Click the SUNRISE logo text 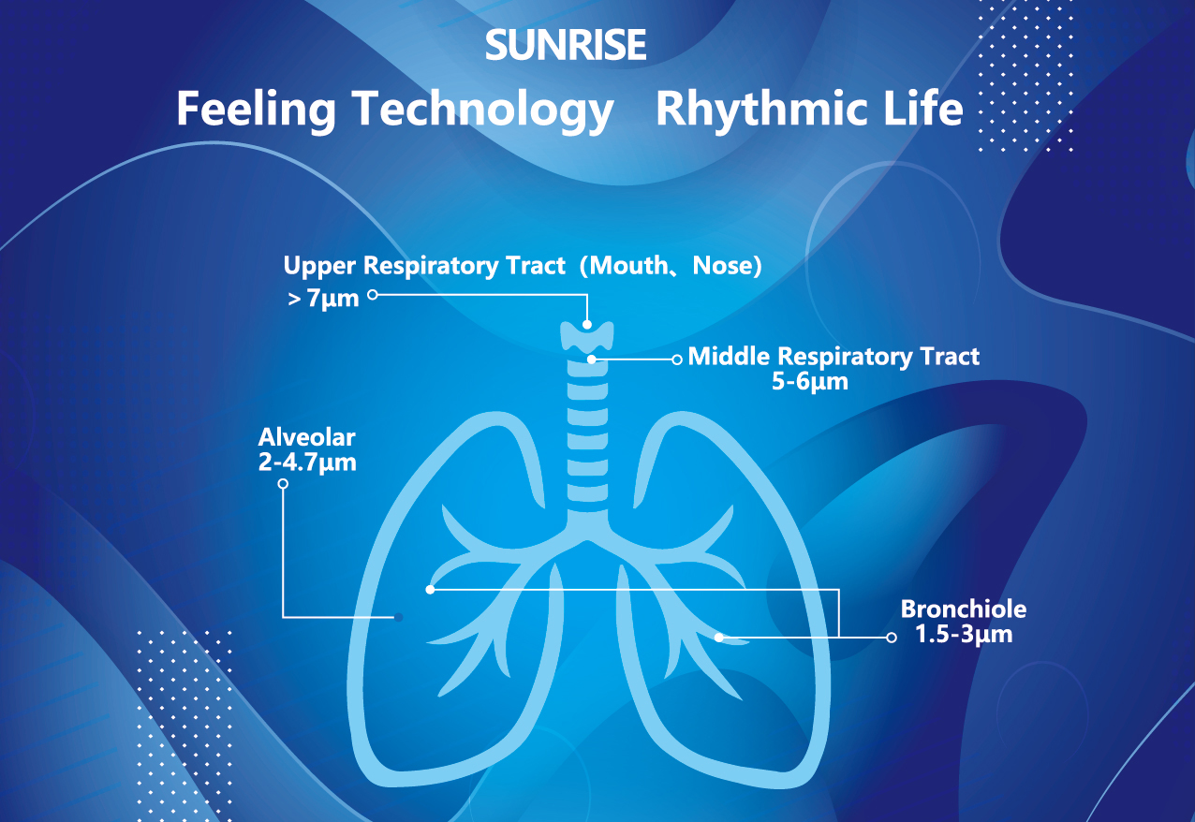[566, 45]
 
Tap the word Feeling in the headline [256, 110]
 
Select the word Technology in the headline [483, 110]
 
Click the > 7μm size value [323, 298]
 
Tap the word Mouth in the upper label [627, 265]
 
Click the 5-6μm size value [810, 381]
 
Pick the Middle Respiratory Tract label [834, 357]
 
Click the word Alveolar [307, 437]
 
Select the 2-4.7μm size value [307, 462]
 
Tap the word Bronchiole [964, 609]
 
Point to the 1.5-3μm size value [964, 634]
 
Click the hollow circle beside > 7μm [373, 295]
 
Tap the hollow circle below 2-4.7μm [283, 484]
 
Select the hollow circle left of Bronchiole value [892, 638]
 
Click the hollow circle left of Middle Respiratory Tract [677, 360]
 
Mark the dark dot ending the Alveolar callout [399, 617]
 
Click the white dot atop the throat [587, 324]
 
